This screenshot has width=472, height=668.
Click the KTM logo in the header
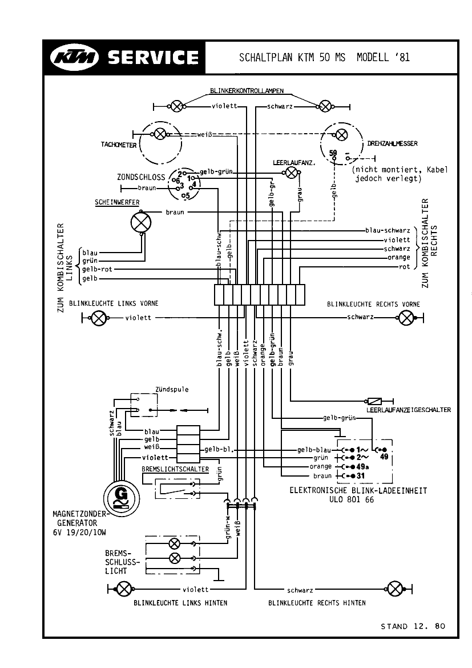(75, 57)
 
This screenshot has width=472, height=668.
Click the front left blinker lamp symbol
(99, 318)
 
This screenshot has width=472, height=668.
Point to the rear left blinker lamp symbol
(123, 589)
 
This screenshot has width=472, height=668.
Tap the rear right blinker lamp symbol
(395, 589)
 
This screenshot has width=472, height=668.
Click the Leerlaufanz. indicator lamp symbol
(291, 173)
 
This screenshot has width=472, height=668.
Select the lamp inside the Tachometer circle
(160, 134)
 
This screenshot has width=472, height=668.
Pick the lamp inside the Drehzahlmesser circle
(341, 135)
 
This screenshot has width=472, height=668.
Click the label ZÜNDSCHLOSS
(141, 178)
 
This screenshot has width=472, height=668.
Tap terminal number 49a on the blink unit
(361, 466)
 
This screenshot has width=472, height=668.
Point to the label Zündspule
(171, 390)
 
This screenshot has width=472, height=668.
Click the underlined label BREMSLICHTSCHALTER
(175, 470)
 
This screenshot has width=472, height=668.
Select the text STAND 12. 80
(412, 626)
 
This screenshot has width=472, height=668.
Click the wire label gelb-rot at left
(98, 269)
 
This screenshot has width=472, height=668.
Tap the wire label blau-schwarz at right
(388, 231)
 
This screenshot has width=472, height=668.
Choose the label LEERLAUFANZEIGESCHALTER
(408, 410)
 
